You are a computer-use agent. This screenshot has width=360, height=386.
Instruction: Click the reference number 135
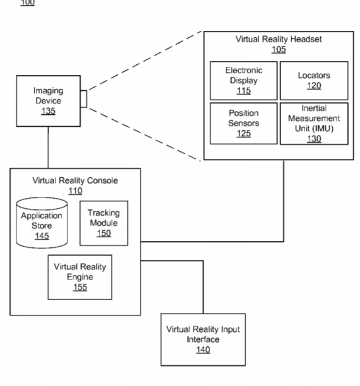(48, 111)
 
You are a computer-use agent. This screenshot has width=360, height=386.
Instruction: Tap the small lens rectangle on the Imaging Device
(84, 99)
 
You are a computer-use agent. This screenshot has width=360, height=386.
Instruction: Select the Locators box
(314, 81)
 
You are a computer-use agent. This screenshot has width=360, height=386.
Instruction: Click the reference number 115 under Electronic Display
(243, 91)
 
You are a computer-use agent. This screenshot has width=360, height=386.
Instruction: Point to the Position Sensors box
(243, 124)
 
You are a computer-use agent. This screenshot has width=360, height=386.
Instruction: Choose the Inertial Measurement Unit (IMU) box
(314, 124)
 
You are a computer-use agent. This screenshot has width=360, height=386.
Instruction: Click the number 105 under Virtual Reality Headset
(279, 49)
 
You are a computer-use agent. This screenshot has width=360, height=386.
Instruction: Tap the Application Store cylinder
(42, 223)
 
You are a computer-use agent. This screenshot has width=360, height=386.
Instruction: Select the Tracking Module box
(104, 223)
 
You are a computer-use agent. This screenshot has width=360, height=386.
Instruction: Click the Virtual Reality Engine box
(80, 277)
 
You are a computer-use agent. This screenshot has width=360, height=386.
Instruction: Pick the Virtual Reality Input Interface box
(203, 339)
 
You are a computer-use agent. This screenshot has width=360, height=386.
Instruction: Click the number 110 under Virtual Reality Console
(75, 191)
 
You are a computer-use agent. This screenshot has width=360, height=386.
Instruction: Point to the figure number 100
(28, 3)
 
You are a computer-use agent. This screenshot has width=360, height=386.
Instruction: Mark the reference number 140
(203, 350)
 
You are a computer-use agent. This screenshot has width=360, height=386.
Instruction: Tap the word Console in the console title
(102, 180)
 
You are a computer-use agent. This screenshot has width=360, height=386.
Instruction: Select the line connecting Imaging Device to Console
(48, 148)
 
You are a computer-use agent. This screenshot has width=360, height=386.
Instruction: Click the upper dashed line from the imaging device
(145, 61)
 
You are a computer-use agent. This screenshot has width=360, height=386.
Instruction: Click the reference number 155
(80, 287)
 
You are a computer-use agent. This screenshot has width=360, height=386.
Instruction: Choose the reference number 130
(314, 139)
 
